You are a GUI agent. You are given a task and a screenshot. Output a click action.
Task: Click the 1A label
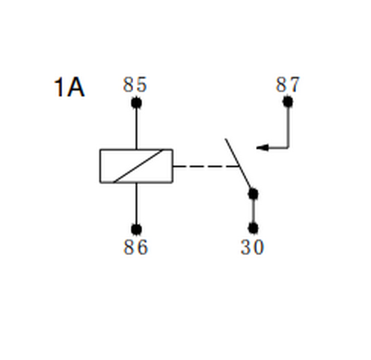coord(69,87)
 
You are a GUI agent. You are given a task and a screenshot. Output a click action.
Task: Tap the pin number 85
coord(135,85)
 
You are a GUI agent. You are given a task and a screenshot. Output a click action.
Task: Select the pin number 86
coord(135,247)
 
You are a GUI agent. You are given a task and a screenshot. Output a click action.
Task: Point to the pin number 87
coord(288,84)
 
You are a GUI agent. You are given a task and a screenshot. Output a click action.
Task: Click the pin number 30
coord(252,247)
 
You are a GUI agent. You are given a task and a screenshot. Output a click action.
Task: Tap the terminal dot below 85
coord(136,103)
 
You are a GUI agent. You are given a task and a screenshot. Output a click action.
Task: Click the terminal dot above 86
coord(136,230)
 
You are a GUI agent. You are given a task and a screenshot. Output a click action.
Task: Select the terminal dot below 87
coord(288,102)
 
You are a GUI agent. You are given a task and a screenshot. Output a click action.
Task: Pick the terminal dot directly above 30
coord(253,228)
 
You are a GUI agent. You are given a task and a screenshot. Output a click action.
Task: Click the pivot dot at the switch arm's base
coord(253,194)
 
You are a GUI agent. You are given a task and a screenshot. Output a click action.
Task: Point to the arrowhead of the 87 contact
coord(263,147)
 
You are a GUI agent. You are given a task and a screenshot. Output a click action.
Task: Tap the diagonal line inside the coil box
coord(138,166)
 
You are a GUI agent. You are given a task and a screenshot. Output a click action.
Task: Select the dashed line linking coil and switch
coord(205,166)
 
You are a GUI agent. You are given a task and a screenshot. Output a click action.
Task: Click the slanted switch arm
coord(238,165)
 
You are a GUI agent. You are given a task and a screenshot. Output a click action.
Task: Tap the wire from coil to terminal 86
coord(136,204)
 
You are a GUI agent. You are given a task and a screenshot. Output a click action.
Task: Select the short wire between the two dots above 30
coord(253,211)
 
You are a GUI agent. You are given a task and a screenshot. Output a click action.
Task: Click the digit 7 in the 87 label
coord(294,85)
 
